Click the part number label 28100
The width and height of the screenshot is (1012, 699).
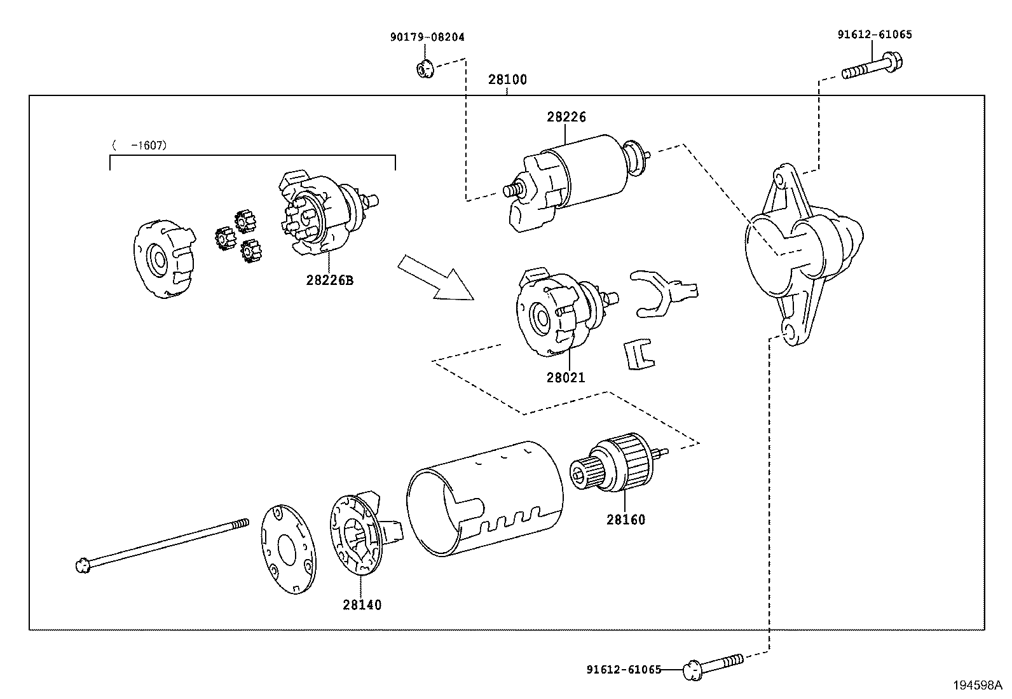(x=507, y=80)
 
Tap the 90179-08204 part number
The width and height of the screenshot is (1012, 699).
(x=427, y=37)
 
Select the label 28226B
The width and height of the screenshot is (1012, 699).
(x=330, y=280)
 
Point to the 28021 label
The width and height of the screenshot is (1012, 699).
(x=566, y=377)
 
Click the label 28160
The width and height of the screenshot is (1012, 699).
(x=626, y=520)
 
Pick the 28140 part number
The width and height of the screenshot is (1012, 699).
(x=362, y=604)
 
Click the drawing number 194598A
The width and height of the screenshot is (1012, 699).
(x=978, y=685)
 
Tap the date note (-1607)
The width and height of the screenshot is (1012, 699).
(x=139, y=145)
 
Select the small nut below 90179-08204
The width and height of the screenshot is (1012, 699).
(x=425, y=69)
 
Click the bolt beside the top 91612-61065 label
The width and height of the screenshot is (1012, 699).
(x=872, y=66)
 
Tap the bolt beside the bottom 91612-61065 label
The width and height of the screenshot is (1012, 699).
(x=713, y=667)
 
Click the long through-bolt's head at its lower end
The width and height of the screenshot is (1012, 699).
(x=83, y=565)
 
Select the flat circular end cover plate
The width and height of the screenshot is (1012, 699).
(x=288, y=550)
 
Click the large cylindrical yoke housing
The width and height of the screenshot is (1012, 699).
(x=485, y=499)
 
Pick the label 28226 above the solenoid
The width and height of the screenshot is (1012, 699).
(x=566, y=117)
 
